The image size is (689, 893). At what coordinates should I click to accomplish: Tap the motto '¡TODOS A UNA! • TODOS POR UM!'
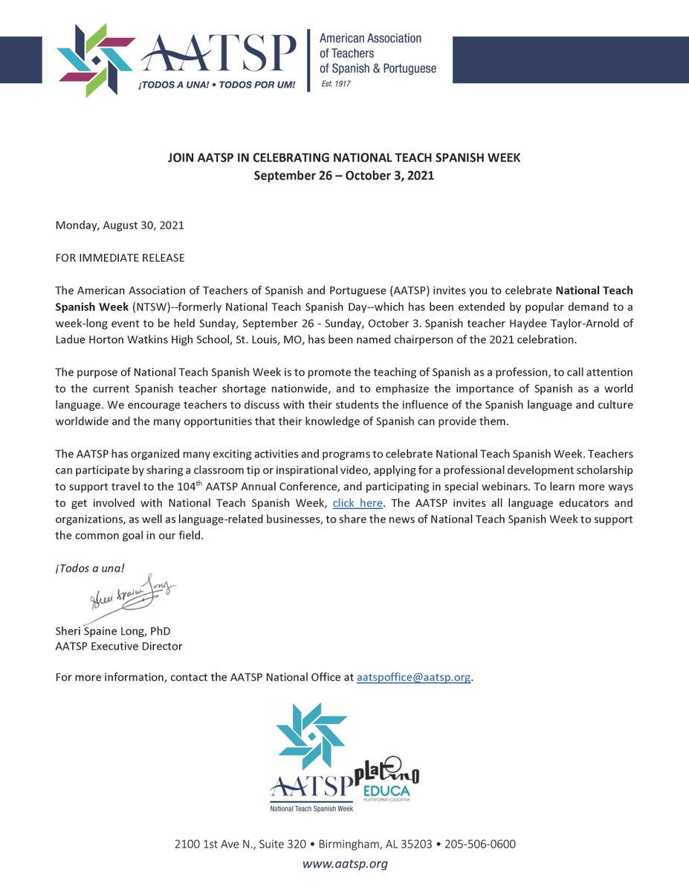point(216,86)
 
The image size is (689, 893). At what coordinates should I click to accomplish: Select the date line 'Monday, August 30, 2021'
point(120,225)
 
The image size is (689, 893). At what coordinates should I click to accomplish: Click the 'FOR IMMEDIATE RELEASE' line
point(120,257)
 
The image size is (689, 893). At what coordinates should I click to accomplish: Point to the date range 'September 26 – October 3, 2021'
point(344,176)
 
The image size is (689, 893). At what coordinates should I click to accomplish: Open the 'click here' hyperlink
point(358,503)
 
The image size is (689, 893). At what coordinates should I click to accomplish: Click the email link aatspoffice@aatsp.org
point(414,678)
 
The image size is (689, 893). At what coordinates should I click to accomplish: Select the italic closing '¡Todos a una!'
point(90,568)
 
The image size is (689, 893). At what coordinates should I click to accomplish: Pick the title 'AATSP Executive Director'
point(118,646)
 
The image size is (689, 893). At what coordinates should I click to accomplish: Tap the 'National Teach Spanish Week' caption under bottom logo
point(311,807)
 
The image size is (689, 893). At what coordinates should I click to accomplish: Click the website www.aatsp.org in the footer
point(344,864)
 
